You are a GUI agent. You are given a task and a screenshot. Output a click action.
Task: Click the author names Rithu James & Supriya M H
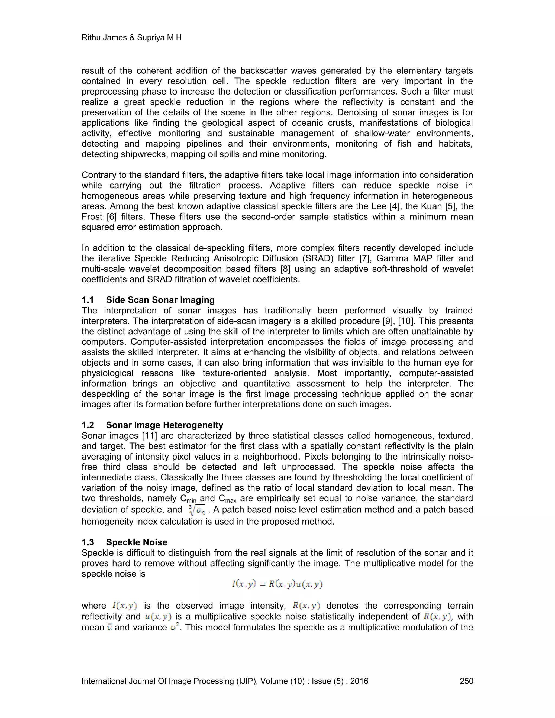coord(131,37)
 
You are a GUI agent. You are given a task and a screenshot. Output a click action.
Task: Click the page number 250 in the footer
coord(466,681)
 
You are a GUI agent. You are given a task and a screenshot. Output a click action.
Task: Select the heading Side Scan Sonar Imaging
coord(160,300)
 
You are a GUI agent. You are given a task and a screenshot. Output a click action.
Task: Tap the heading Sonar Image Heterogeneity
coord(164,425)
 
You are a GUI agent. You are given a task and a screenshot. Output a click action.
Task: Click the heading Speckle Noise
coord(137,542)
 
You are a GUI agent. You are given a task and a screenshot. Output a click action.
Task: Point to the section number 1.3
coord(88,542)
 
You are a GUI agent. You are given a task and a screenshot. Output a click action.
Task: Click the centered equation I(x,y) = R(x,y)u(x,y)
coord(277,584)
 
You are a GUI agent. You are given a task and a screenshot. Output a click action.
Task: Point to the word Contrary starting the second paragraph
coord(98,175)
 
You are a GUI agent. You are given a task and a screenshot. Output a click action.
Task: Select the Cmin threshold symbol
coord(188,499)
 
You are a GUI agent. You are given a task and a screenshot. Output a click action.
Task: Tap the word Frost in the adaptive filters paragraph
coord(92,217)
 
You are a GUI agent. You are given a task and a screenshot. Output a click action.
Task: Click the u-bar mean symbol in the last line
coord(110,627)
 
